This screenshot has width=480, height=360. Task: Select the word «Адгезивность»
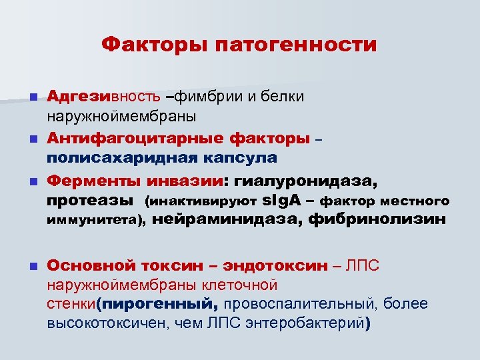(103, 97)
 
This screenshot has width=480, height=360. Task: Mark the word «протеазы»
(91, 201)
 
